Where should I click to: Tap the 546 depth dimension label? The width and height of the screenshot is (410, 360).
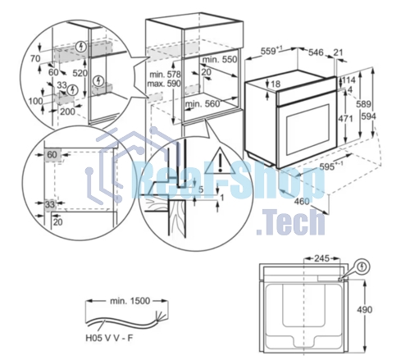pyautogui.click(x=316, y=52)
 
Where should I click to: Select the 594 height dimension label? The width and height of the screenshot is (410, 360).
pyautogui.click(x=369, y=116)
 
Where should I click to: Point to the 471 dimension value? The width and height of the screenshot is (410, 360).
pyautogui.click(x=345, y=119)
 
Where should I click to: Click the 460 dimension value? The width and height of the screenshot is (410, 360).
pyautogui.click(x=302, y=202)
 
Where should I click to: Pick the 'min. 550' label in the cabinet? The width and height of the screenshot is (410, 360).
pyautogui.click(x=220, y=59)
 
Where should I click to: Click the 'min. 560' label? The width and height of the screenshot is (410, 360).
pyautogui.click(x=203, y=104)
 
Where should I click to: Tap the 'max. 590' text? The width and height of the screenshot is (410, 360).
pyautogui.click(x=164, y=84)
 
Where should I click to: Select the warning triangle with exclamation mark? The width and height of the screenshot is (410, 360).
pyautogui.click(x=220, y=162)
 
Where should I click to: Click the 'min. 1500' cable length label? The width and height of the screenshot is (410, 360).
pyautogui.click(x=130, y=301)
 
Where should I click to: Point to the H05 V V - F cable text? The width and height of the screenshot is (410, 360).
pyautogui.click(x=109, y=338)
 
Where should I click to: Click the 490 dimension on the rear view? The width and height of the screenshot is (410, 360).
pyautogui.click(x=365, y=310)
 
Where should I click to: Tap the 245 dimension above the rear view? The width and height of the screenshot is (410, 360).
pyautogui.click(x=321, y=258)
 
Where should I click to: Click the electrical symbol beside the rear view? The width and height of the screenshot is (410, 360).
pyautogui.click(x=362, y=267)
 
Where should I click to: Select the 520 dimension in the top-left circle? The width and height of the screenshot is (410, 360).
pyautogui.click(x=80, y=73)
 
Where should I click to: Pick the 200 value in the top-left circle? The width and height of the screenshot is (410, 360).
pyautogui.click(x=67, y=112)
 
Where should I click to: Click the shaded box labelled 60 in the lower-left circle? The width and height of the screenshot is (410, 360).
pyautogui.click(x=52, y=155)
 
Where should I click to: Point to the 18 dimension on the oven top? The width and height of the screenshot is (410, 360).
pyautogui.click(x=276, y=84)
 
